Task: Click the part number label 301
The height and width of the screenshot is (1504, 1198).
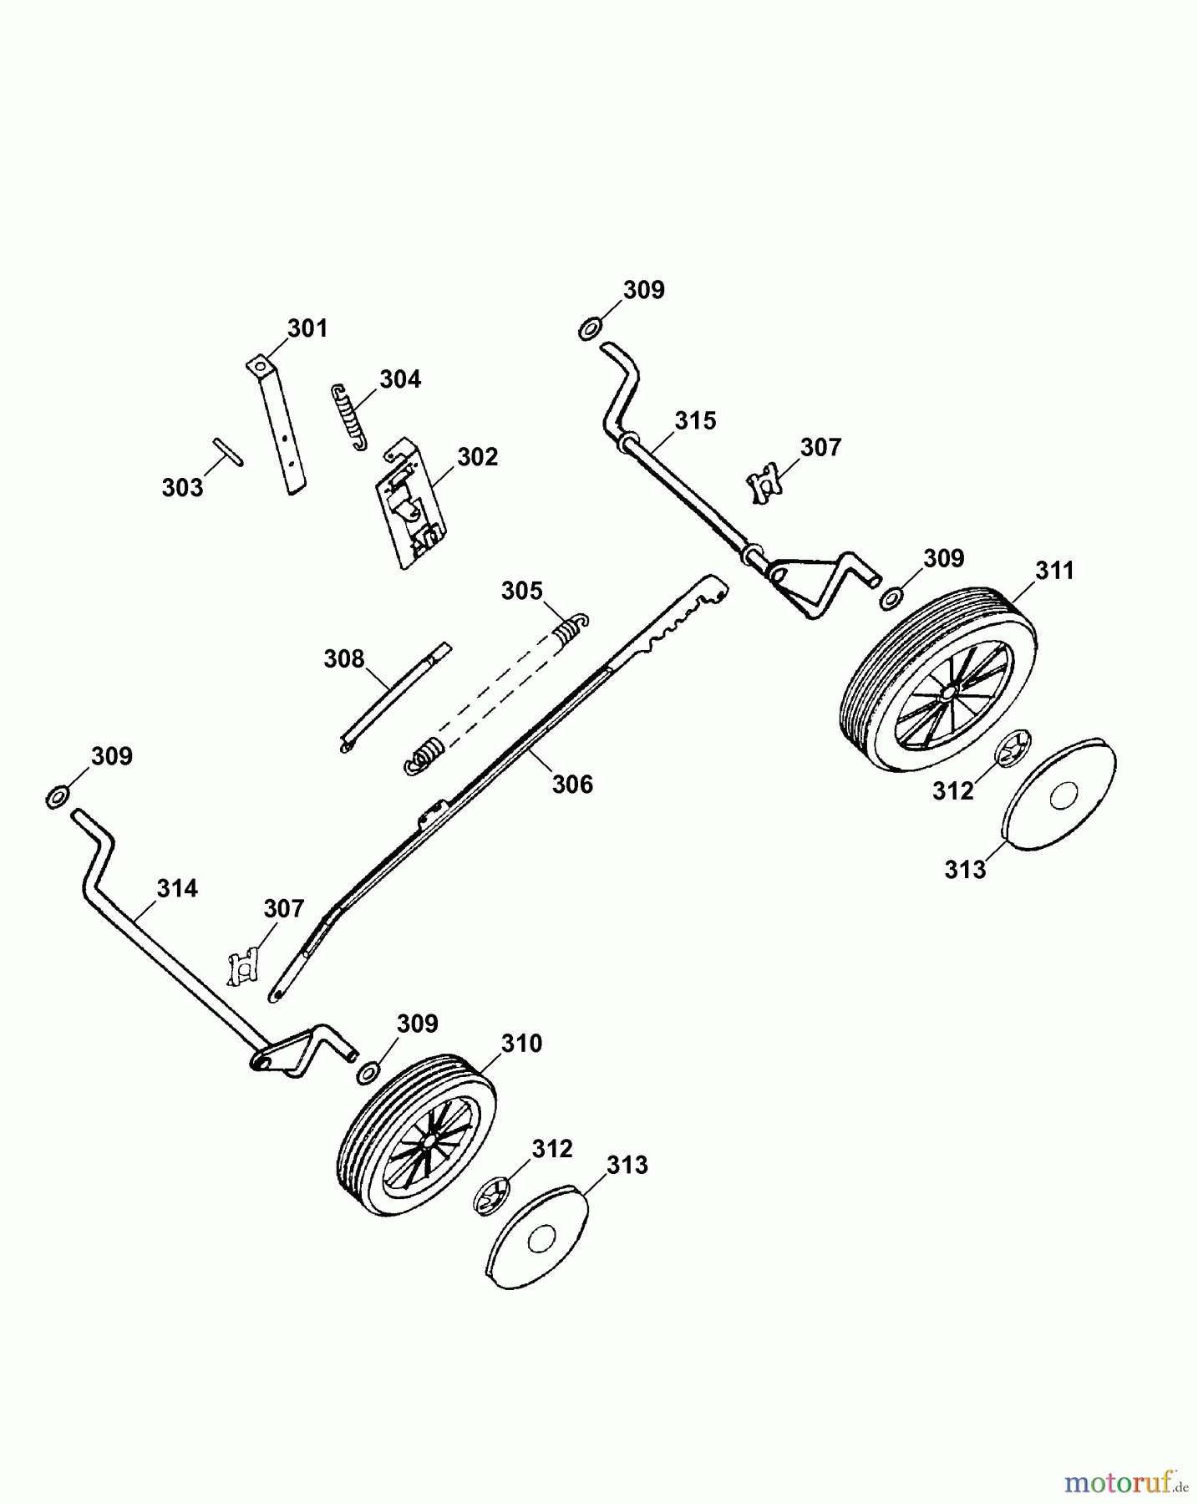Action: coord(307,328)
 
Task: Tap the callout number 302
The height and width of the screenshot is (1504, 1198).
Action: coord(477,457)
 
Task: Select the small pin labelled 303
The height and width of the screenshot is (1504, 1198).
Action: coord(227,451)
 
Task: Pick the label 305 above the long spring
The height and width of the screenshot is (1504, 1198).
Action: coord(521,591)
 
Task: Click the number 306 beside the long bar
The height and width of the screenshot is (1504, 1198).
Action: coord(572,784)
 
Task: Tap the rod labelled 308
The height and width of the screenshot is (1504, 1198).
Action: coord(396,696)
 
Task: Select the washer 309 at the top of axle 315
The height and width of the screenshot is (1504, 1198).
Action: coord(589,329)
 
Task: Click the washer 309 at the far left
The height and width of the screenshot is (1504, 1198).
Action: coord(56,797)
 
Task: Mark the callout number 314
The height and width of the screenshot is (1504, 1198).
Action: coord(177,888)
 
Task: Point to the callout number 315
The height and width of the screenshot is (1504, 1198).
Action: coord(695,420)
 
